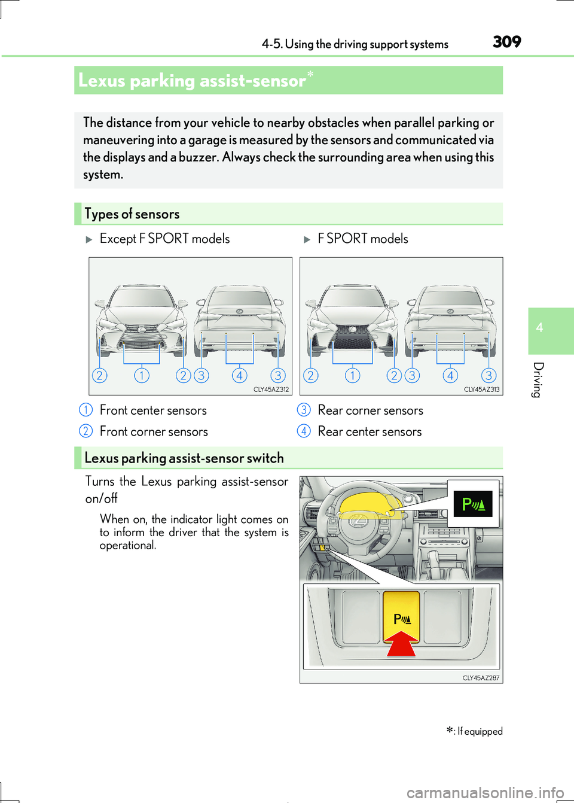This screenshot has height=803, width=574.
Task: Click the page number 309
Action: pyautogui.click(x=506, y=42)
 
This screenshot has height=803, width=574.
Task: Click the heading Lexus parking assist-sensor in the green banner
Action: pyautogui.click(x=192, y=81)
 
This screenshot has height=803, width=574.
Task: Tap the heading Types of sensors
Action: pyautogui.click(x=132, y=214)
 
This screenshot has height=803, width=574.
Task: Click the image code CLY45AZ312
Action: pyautogui.click(x=271, y=390)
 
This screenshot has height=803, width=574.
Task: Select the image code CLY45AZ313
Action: pyautogui.click(x=481, y=390)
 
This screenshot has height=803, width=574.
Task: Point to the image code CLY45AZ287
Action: pyautogui.click(x=481, y=678)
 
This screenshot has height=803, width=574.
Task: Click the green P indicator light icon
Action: pyautogui.click(x=473, y=504)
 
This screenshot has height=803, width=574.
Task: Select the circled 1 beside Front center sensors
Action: pyautogui.click(x=86, y=410)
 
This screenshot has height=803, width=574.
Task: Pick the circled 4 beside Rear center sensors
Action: pyautogui.click(x=304, y=431)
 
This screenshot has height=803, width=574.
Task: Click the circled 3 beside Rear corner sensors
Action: pyautogui.click(x=304, y=410)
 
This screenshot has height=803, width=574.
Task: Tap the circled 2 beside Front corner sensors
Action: pyautogui.click(x=86, y=431)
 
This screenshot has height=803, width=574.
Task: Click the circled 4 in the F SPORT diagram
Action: pyautogui.click(x=450, y=375)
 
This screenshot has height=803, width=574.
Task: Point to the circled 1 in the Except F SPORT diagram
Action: pyautogui.click(x=142, y=375)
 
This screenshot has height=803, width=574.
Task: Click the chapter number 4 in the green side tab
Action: pyautogui.click(x=539, y=328)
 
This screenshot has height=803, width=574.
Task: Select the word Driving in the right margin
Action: pyautogui.click(x=538, y=379)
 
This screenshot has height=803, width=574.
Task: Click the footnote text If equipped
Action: pyautogui.click(x=480, y=731)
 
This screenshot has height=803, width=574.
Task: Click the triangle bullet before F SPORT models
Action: pyautogui.click(x=307, y=239)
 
